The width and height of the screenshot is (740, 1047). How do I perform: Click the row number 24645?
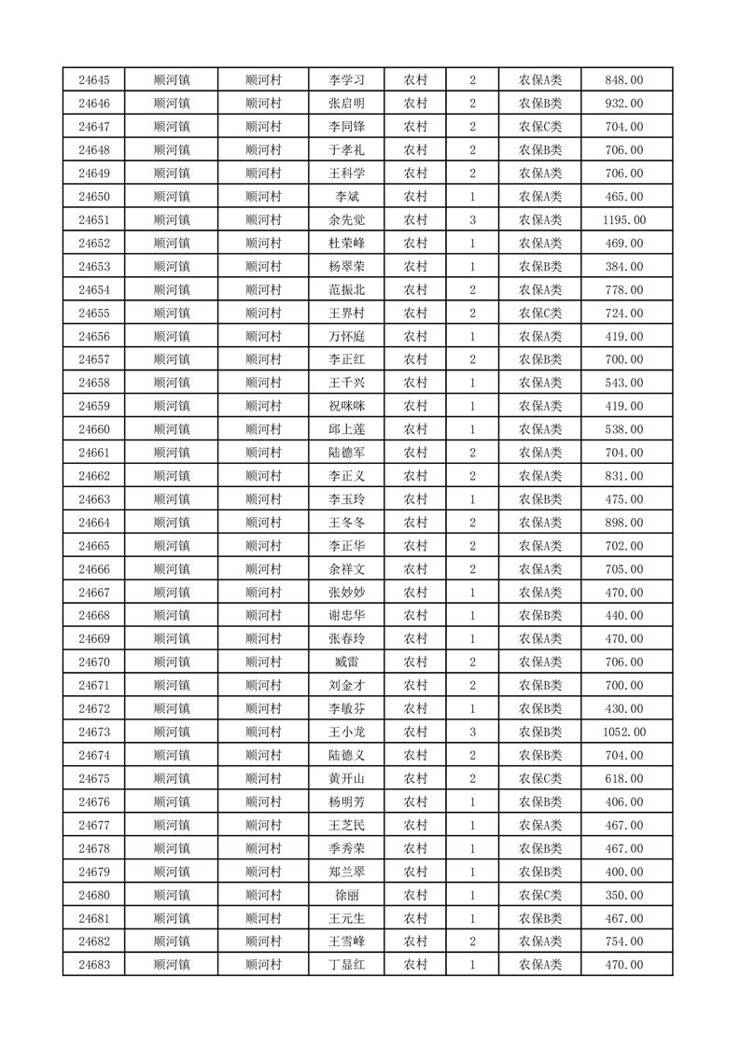pyautogui.click(x=94, y=80)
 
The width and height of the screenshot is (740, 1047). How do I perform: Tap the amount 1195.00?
pyautogui.click(x=624, y=220)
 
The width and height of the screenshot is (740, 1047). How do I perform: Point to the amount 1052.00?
pyautogui.click(x=624, y=732)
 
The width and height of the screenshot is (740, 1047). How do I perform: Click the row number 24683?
pyautogui.click(x=94, y=964)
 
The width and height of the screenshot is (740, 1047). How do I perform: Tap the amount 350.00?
pyautogui.click(x=624, y=894)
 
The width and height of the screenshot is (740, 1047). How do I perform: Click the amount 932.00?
pyautogui.click(x=624, y=104)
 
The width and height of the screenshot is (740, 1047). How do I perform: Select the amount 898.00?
pyautogui.click(x=624, y=523)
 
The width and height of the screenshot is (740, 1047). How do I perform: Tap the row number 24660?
pyautogui.click(x=94, y=429)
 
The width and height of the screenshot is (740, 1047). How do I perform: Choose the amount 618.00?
pyautogui.click(x=624, y=778)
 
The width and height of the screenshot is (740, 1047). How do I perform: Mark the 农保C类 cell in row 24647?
pyautogui.click(x=540, y=127)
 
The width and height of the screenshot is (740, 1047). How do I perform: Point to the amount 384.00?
pyautogui.click(x=624, y=267)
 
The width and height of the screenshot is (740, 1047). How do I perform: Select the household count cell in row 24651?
pyautogui.click(x=473, y=220)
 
